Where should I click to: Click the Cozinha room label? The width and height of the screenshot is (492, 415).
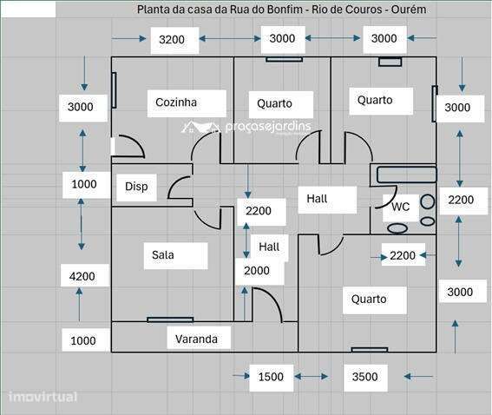pyautogui.click(x=176, y=102)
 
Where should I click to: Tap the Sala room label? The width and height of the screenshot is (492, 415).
pyautogui.click(x=163, y=254)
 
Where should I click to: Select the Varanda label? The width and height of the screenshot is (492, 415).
pyautogui.click(x=196, y=339)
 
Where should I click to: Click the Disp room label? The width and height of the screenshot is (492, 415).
pyautogui.click(x=136, y=187)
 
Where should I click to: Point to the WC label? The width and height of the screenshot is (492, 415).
pyautogui.click(x=400, y=207)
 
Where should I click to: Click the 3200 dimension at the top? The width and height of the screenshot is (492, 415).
pyautogui.click(x=172, y=40)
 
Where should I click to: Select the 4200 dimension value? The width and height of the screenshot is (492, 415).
pyautogui.click(x=82, y=277)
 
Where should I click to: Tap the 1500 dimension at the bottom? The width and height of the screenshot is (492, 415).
pyautogui.click(x=271, y=377)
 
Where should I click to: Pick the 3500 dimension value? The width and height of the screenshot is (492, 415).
pyautogui.click(x=364, y=377)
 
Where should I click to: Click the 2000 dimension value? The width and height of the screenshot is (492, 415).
pyautogui.click(x=257, y=271)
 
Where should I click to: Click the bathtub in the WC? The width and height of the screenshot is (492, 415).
pyautogui.click(x=407, y=175)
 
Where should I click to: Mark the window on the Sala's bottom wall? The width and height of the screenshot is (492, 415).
pyautogui.click(x=170, y=319)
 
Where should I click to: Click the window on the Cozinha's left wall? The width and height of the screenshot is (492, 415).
pyautogui.click(x=114, y=90)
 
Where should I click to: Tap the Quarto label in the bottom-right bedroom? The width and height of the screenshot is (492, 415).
pyautogui.click(x=369, y=300)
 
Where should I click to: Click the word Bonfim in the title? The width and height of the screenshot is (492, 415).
pyautogui.click(x=285, y=10)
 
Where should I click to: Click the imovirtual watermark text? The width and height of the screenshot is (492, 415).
pyautogui.click(x=43, y=397)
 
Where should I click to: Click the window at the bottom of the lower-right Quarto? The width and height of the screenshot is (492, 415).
pyautogui.click(x=370, y=350)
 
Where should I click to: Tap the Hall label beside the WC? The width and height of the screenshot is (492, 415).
pyautogui.click(x=317, y=199)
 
